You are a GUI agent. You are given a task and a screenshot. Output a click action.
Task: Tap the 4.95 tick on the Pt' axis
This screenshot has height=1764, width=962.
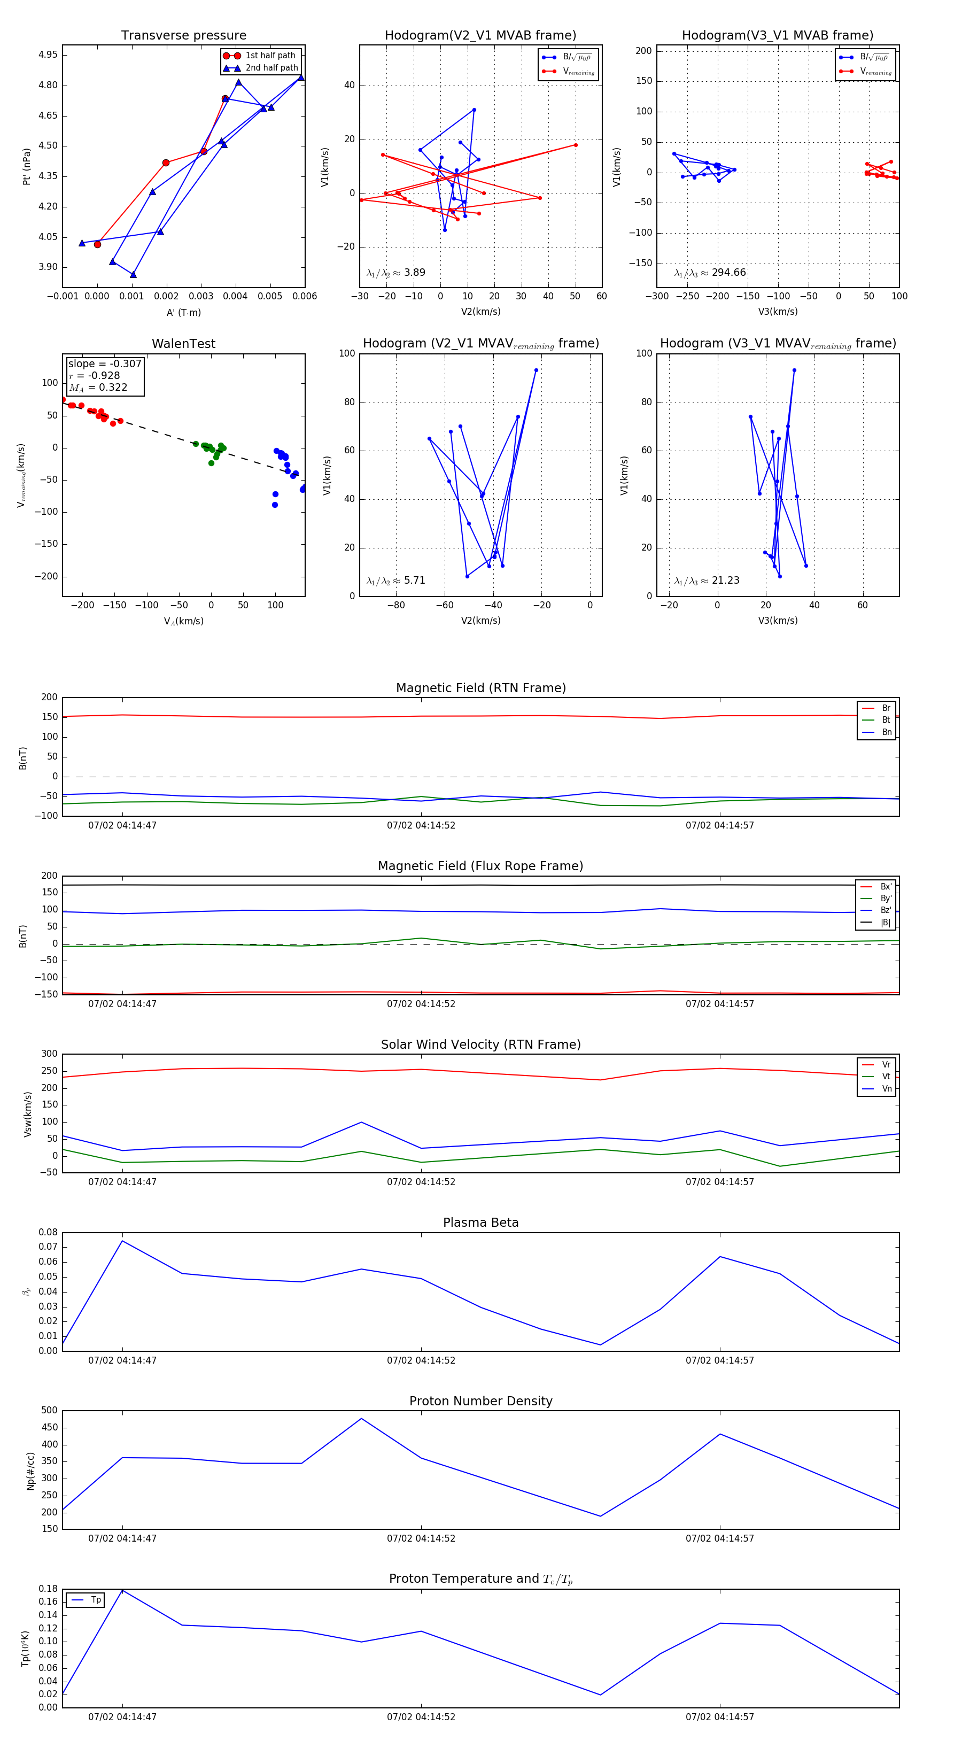tap(48, 55)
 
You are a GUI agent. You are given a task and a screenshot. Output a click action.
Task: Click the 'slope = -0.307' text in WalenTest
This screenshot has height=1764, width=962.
tap(105, 363)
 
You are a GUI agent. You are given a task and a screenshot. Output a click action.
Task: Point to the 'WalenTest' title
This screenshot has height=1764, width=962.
tap(183, 344)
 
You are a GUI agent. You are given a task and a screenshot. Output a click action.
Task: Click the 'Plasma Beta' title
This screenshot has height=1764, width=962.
tap(480, 1223)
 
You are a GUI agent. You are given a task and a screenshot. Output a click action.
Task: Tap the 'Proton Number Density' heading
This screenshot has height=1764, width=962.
tap(480, 1401)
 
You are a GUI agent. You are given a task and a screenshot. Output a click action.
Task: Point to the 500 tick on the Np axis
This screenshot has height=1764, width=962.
tap(49, 1411)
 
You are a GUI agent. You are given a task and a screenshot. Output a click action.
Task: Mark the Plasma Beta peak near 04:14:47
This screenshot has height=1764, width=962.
tap(122, 1241)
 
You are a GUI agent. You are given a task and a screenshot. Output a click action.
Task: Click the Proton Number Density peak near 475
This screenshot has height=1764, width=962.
tap(361, 1418)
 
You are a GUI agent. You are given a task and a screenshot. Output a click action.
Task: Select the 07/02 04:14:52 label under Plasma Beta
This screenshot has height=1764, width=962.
tap(421, 1360)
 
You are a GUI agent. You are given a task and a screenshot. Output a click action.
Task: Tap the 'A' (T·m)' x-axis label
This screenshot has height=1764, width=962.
tap(183, 312)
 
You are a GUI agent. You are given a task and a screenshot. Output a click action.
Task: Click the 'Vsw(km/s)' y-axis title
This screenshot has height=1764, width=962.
tap(27, 1114)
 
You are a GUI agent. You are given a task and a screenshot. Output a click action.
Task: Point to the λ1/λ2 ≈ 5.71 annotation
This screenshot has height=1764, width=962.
tap(395, 581)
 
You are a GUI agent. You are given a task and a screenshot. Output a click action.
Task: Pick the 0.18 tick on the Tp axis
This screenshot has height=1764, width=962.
tap(48, 1589)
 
